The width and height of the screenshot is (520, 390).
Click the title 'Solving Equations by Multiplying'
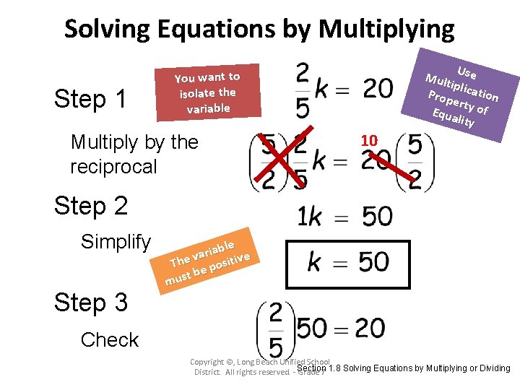(259, 29)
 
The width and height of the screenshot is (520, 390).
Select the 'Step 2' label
(91, 206)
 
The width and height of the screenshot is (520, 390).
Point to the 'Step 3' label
(91, 302)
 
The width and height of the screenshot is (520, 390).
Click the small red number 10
(369, 139)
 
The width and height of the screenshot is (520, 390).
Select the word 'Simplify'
(116, 242)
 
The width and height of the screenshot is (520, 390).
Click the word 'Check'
(110, 339)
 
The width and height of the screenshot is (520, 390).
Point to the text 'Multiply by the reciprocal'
(134, 154)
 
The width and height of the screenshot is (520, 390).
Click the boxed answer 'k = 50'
(348, 261)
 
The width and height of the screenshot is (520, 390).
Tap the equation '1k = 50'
(344, 216)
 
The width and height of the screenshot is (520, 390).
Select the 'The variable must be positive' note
(207, 258)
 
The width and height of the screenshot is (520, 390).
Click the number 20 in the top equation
(378, 88)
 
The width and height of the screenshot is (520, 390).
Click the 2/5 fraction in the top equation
(303, 90)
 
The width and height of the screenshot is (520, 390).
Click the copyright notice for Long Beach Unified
(260, 366)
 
